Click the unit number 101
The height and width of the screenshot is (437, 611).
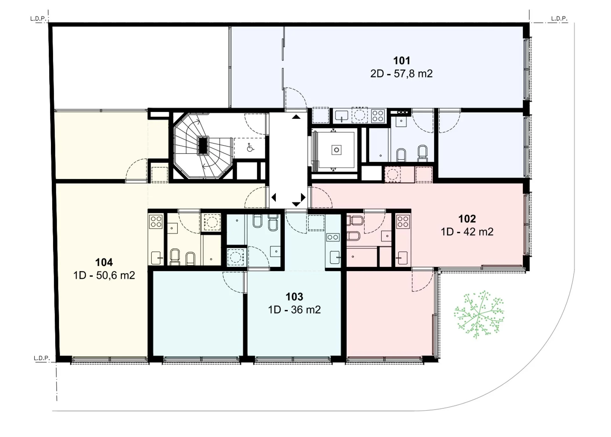pyautogui.click(x=402, y=60)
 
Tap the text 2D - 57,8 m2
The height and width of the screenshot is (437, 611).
pyautogui.click(x=401, y=74)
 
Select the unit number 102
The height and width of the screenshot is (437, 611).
pyautogui.click(x=467, y=219)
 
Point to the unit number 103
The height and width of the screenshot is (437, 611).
pyautogui.click(x=294, y=297)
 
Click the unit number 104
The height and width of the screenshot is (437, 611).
pyautogui.click(x=104, y=262)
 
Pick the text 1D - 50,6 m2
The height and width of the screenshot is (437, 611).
pyautogui.click(x=104, y=275)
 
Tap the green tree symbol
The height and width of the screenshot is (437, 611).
pyautogui.click(x=479, y=314)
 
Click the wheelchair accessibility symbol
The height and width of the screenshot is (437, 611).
pyautogui.click(x=250, y=148)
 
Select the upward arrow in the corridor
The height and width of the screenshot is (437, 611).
pyautogui.click(x=296, y=117)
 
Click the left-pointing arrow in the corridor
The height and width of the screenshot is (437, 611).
pyautogui.click(x=274, y=197)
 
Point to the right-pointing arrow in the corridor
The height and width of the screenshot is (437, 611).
pyautogui.click(x=303, y=197)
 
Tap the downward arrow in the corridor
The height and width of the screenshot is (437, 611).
pyautogui.click(x=296, y=204)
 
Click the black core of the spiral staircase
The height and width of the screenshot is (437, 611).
pyautogui.click(x=203, y=145)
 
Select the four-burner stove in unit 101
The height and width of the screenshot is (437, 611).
pyautogui.click(x=378, y=116)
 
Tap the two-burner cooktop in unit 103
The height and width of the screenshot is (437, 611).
pyautogui.click(x=333, y=237)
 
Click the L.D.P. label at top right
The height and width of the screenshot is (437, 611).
pyautogui.click(x=559, y=18)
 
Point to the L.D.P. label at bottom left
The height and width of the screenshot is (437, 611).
pyautogui.click(x=42, y=358)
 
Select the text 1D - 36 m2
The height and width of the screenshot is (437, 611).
pyautogui.click(x=294, y=310)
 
